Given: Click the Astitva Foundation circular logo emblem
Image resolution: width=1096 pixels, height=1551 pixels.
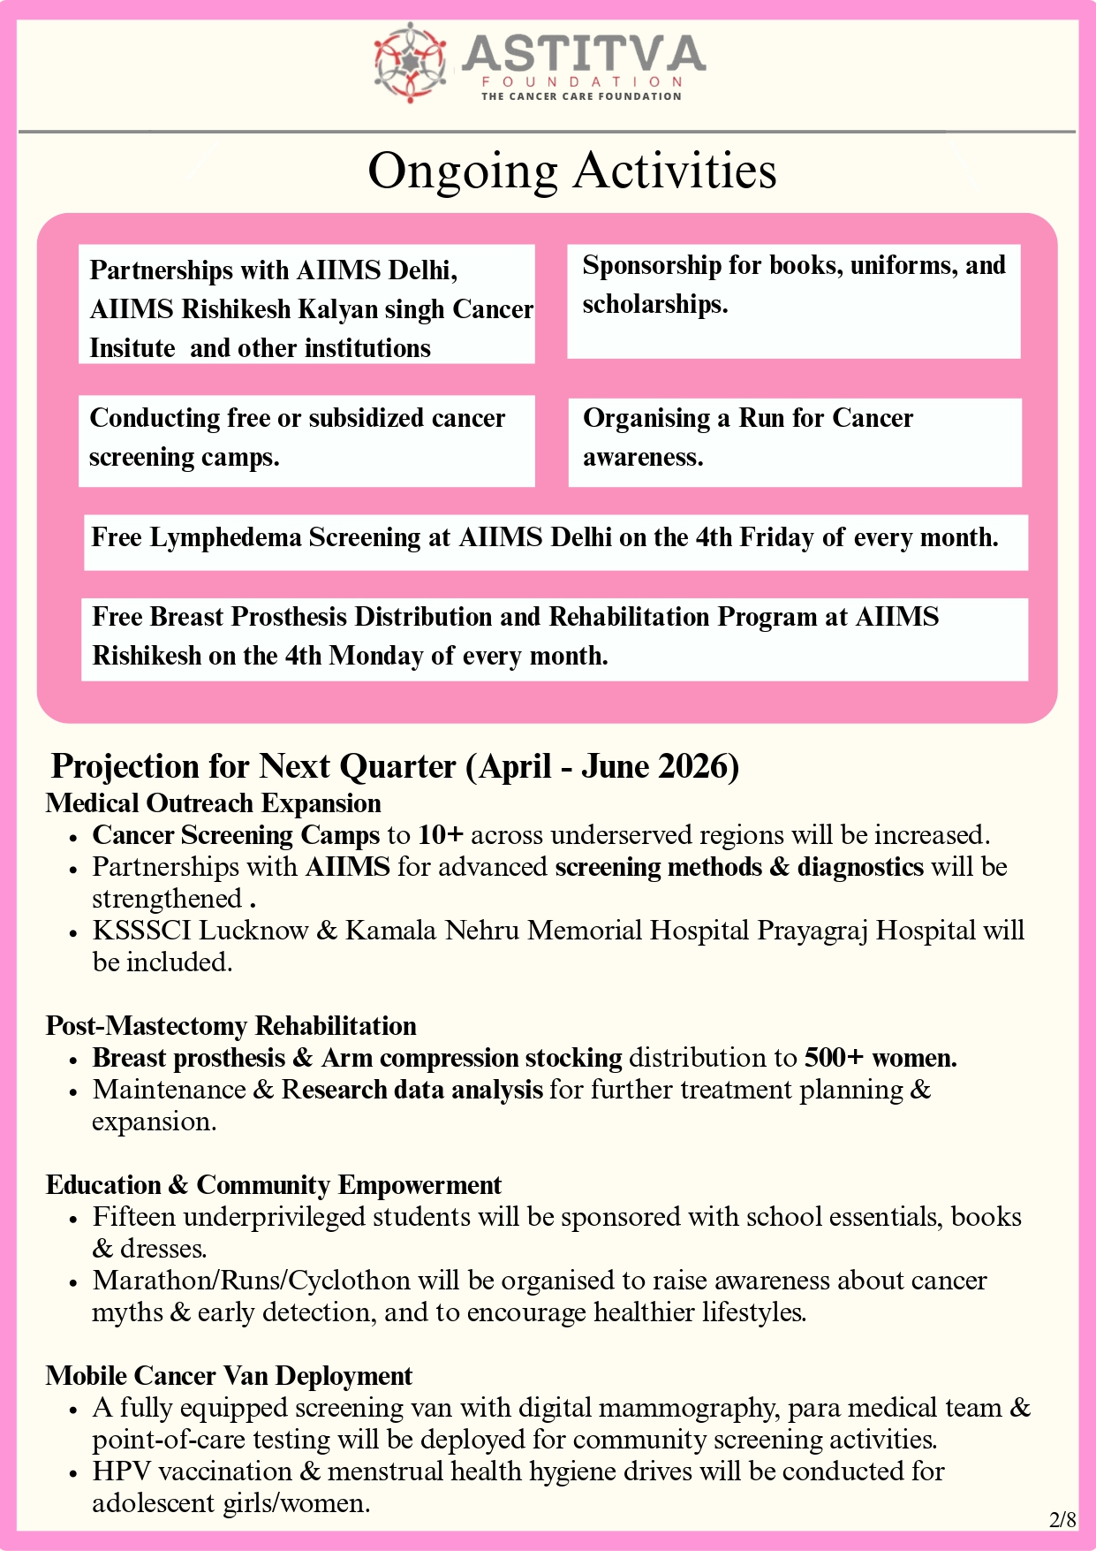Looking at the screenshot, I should click(x=409, y=62).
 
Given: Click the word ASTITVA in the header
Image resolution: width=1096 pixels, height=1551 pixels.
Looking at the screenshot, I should click(x=583, y=54).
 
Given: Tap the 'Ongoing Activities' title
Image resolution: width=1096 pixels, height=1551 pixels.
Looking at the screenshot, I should click(x=572, y=171).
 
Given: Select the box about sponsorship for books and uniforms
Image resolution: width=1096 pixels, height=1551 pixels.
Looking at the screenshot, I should click(x=793, y=301).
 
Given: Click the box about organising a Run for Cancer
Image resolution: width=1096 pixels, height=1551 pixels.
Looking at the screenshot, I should click(x=794, y=442).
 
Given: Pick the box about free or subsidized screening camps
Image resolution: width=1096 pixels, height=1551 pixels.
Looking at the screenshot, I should click(x=306, y=440).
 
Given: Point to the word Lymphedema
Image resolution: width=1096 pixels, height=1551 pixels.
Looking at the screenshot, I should click(x=225, y=537).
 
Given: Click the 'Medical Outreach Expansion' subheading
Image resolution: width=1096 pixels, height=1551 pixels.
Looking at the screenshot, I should click(x=214, y=803).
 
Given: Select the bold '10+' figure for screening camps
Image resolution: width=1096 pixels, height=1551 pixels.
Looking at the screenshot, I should click(x=441, y=835).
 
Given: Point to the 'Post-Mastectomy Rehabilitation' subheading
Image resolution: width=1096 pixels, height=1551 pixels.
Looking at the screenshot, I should click(x=231, y=1026).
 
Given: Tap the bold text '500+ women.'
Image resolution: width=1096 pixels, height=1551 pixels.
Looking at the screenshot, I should click(x=881, y=1058).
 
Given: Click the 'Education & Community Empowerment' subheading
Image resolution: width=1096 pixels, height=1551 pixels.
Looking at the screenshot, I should click(x=274, y=1185).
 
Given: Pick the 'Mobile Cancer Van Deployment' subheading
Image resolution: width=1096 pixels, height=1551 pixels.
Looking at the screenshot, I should click(x=230, y=1376).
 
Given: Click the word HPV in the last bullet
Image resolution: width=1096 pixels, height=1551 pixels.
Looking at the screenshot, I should click(x=122, y=1471).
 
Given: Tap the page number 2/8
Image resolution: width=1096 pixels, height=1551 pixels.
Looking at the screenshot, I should click(x=1062, y=1520).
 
